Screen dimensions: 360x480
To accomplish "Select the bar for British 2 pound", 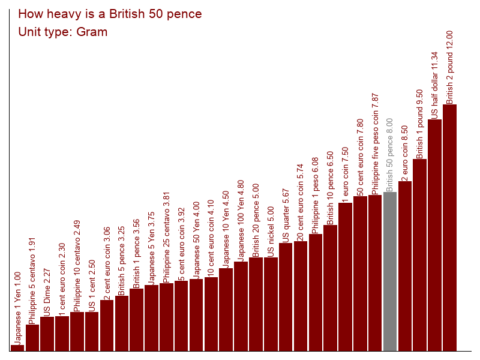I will point(449,227).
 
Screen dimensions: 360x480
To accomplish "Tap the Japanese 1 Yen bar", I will point(17,347).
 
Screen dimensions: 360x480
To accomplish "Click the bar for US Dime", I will point(47,334).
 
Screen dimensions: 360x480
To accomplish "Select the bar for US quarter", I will point(286,296).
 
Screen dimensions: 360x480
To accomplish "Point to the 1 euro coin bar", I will point(345,277).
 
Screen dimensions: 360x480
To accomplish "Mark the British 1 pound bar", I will point(419,254).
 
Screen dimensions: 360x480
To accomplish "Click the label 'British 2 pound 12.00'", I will point(449,67).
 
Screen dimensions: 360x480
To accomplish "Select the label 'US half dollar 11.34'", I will point(434,85).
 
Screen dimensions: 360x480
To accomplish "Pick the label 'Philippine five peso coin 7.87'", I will point(375,143).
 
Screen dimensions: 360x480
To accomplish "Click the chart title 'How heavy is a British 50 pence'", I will point(110,14).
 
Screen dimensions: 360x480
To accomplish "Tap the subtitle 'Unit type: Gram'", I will point(63,32).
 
